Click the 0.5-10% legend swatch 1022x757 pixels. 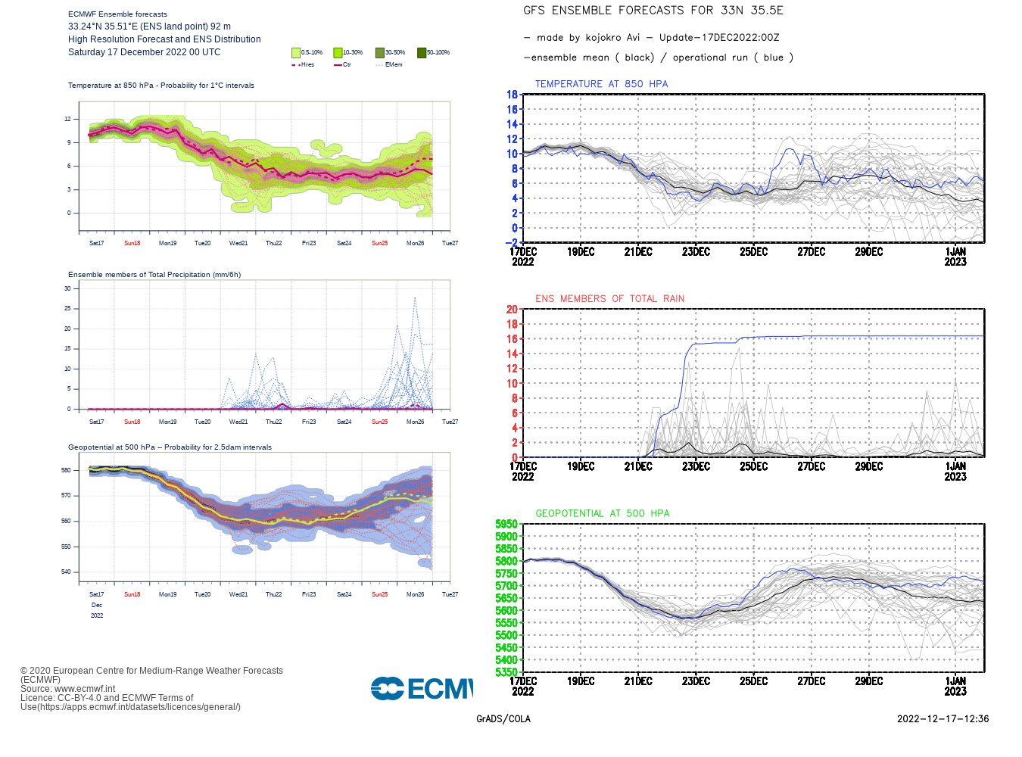[296, 53]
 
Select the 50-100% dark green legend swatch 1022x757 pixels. [422, 53]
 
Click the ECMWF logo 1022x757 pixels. [422, 689]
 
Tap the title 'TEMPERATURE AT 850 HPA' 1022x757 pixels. [601, 84]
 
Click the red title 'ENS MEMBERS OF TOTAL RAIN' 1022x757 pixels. [609, 299]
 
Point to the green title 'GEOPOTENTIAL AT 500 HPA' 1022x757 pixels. [603, 513]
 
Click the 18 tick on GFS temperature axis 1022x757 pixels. [513, 95]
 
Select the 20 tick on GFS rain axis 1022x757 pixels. [513, 310]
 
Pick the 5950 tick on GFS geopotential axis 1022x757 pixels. [506, 524]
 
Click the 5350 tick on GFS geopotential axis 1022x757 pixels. [506, 672]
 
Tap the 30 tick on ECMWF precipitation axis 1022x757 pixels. [67, 288]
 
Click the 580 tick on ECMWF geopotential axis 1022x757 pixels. [66, 470]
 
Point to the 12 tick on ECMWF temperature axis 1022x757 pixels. [67, 119]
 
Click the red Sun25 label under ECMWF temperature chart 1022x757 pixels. [379, 244]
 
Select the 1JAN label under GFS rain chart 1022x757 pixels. [955, 466]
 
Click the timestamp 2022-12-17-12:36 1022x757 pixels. [943, 719]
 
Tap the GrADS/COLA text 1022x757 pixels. [503, 719]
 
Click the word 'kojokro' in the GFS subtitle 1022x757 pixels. [603, 38]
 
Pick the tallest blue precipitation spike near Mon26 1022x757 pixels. [415, 298]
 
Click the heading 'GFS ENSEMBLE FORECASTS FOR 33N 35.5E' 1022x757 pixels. [653, 11]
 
